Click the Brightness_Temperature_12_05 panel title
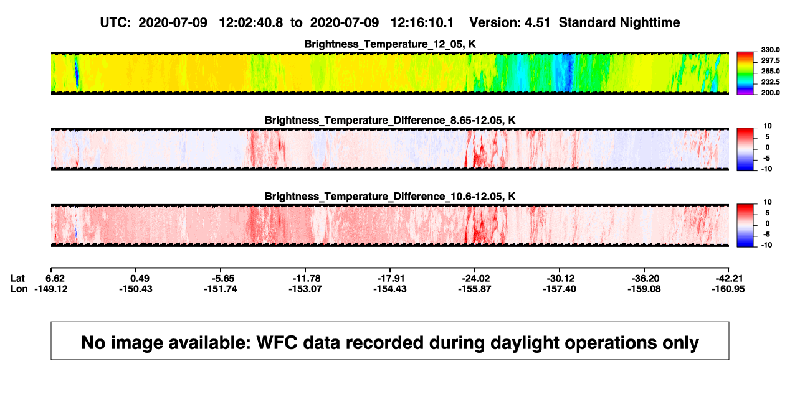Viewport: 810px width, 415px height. click(x=390, y=44)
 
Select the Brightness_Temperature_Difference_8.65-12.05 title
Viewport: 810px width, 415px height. click(x=390, y=120)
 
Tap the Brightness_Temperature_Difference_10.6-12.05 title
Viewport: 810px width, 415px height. click(x=390, y=197)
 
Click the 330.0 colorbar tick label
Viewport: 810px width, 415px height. click(x=770, y=50)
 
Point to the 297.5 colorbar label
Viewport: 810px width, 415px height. click(x=770, y=60)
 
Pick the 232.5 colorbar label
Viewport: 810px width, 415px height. click(x=770, y=82)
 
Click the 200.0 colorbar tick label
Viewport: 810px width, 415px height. click(x=770, y=93)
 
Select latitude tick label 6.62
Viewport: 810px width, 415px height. click(x=55, y=279)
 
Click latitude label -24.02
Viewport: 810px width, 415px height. click(x=475, y=279)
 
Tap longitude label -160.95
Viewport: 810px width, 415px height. click(x=728, y=289)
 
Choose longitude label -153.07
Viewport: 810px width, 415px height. click(x=305, y=289)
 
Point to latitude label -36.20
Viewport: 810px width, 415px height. click(x=645, y=279)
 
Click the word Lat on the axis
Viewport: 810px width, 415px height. click(x=17, y=279)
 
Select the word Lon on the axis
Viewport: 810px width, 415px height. click(x=19, y=289)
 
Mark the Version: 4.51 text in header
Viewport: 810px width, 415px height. click(x=510, y=22)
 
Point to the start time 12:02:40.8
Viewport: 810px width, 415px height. click(x=251, y=22)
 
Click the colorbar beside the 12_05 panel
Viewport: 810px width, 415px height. click(x=745, y=73)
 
